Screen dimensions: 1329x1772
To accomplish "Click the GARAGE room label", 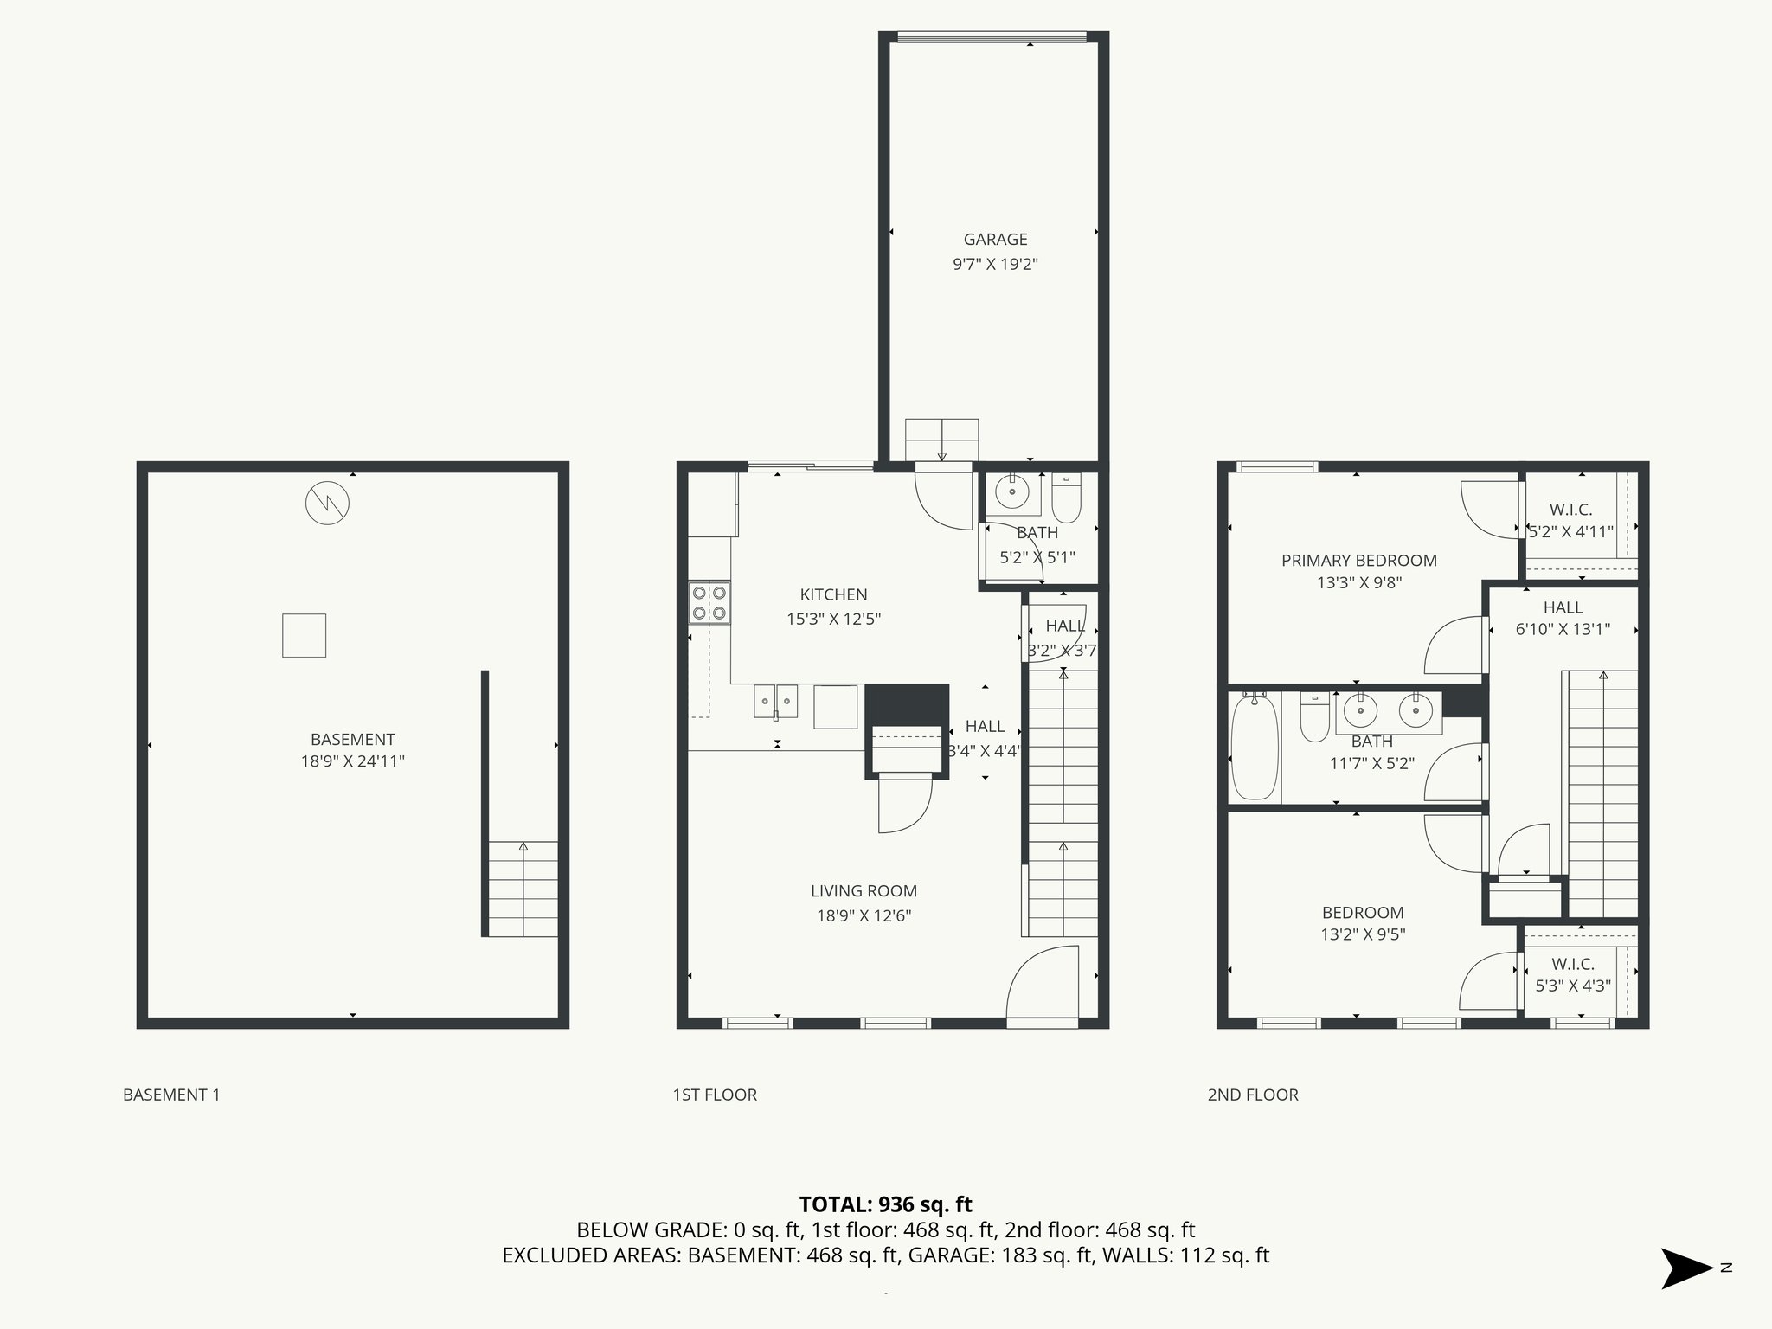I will (x=995, y=240).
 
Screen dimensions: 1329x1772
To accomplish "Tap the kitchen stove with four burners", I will (x=709, y=603).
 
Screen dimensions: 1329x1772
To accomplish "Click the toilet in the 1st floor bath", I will (x=1067, y=498).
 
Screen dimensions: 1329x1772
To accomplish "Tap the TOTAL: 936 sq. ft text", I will (x=885, y=1204).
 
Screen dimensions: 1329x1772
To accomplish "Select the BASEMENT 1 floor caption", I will (x=171, y=1095).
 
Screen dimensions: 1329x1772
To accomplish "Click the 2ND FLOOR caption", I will (x=1252, y=1095).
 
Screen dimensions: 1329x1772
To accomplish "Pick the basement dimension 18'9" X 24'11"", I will (x=352, y=761).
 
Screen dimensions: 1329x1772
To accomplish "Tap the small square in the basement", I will (x=304, y=635).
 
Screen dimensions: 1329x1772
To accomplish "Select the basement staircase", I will (x=523, y=889).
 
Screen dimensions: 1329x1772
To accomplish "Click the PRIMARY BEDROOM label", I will (x=1358, y=561).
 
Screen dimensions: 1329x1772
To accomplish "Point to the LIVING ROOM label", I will (x=864, y=891).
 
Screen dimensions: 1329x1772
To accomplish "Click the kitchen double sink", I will (x=775, y=701).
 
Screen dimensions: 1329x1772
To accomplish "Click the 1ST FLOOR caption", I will (x=715, y=1095).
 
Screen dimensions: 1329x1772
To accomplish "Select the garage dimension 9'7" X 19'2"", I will (x=995, y=264).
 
